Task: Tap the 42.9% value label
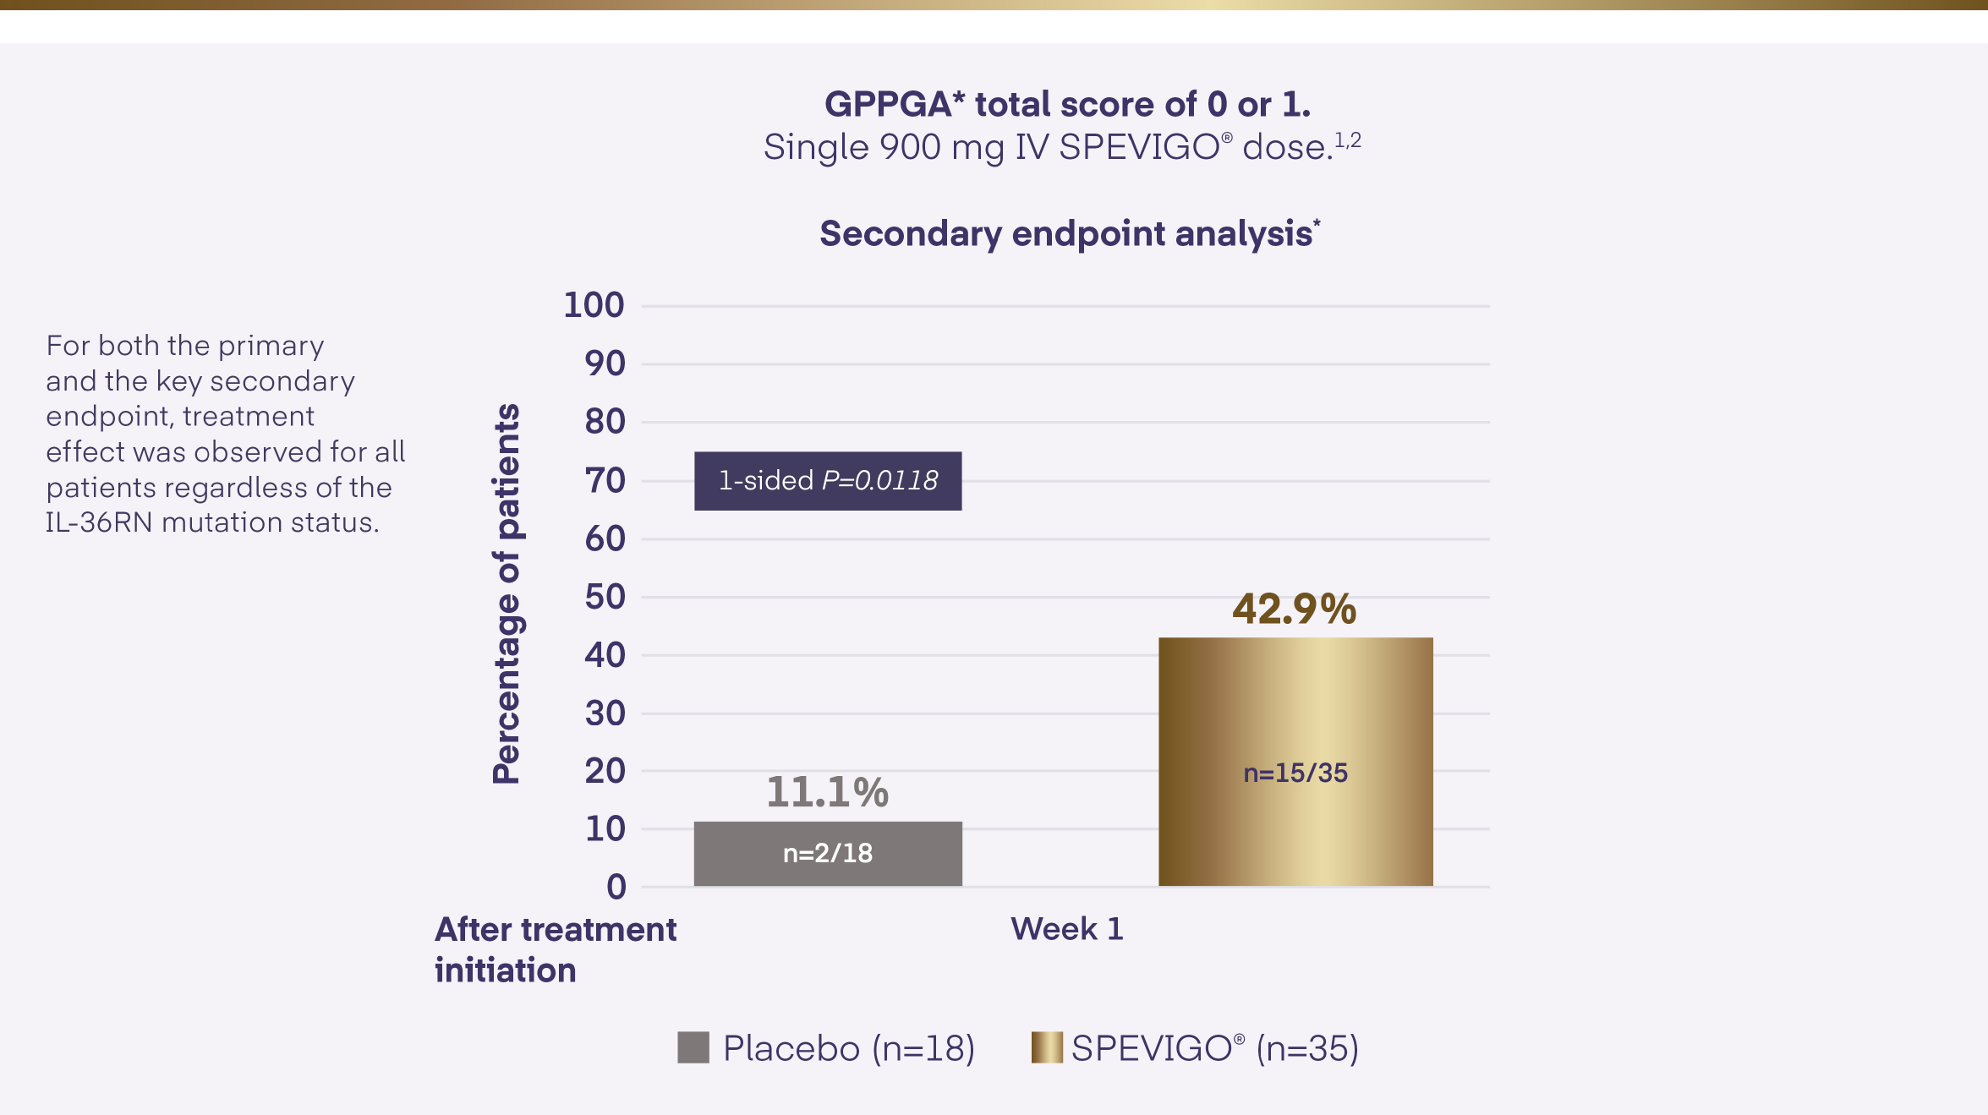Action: [1294, 609]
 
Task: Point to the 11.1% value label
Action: [827, 792]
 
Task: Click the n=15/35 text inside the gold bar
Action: [1295, 773]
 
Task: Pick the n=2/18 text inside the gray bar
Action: [827, 853]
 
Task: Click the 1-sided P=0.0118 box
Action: [828, 480]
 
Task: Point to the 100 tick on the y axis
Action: [594, 305]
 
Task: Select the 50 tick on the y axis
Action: [605, 597]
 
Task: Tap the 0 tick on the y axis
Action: [616, 887]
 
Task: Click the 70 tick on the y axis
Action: [605, 480]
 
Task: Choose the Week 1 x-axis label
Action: [1066, 929]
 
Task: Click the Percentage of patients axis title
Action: [507, 593]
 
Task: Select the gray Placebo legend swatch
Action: [693, 1047]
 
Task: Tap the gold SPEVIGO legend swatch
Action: [1046, 1047]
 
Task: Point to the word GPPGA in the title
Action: [888, 105]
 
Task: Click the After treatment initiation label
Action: [555, 949]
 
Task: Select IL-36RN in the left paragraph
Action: [99, 522]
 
